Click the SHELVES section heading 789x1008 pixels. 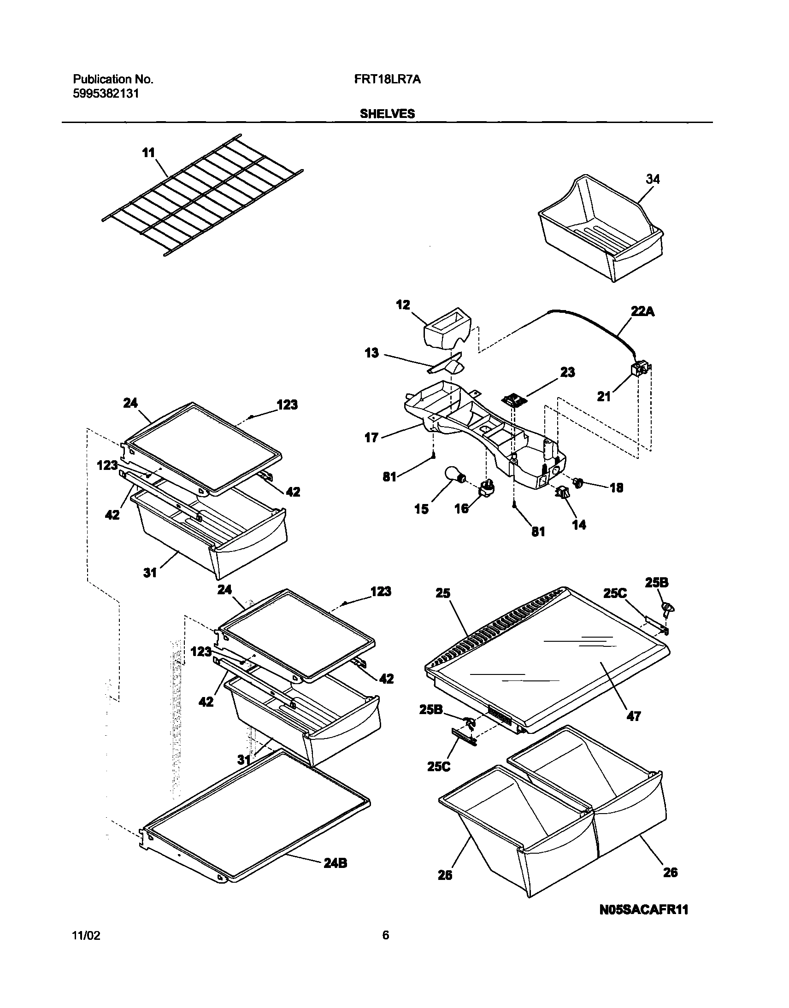387,114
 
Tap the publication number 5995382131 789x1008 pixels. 106,94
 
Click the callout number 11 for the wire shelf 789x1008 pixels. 148,153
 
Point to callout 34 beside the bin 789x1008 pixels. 652,179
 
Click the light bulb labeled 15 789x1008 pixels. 454,475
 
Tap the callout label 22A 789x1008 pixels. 642,312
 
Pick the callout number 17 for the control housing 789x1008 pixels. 371,437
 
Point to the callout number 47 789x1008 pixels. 634,716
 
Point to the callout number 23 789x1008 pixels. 567,372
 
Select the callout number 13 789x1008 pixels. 371,353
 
